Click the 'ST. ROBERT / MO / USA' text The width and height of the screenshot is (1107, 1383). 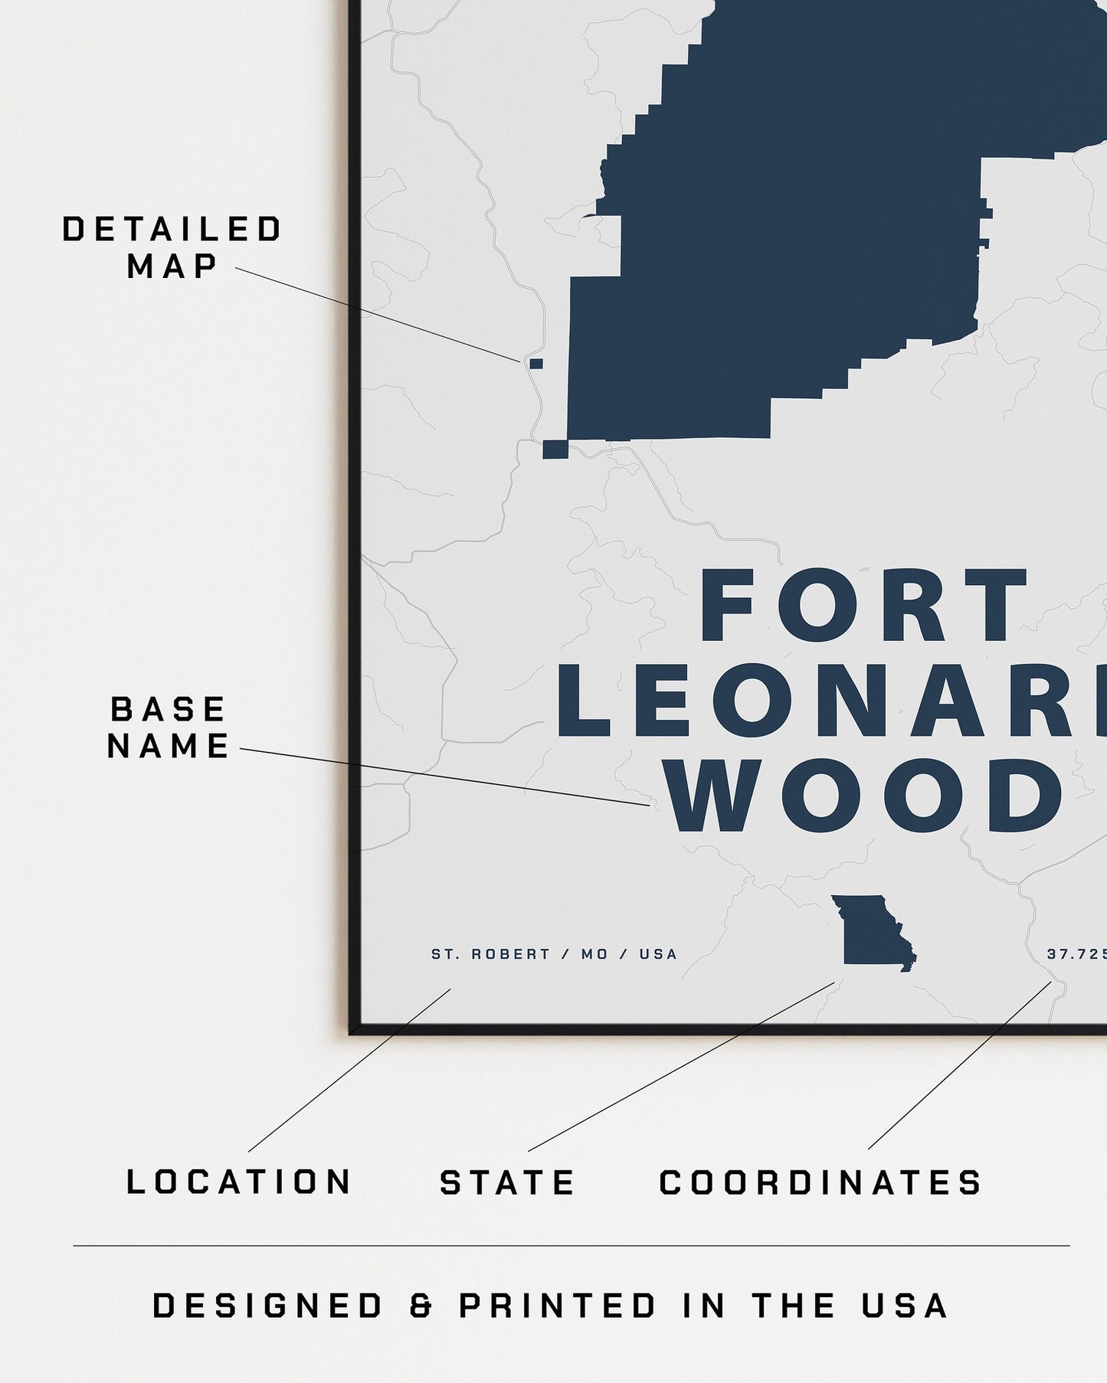point(554,954)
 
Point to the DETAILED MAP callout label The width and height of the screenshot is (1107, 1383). point(172,247)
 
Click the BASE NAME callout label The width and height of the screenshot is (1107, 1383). point(169,727)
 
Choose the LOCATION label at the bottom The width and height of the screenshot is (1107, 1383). point(239,1182)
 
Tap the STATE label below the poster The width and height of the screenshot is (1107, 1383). point(507,1182)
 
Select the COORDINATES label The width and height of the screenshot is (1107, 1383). point(820,1182)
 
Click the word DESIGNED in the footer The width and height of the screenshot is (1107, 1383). point(267,1306)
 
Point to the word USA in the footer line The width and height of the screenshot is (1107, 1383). point(905,1306)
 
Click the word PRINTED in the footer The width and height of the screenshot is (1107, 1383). point(558,1306)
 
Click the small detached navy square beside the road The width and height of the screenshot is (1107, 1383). point(536,363)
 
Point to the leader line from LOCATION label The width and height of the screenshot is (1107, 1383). point(349,1071)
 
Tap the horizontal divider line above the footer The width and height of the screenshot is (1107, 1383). point(571,1246)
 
